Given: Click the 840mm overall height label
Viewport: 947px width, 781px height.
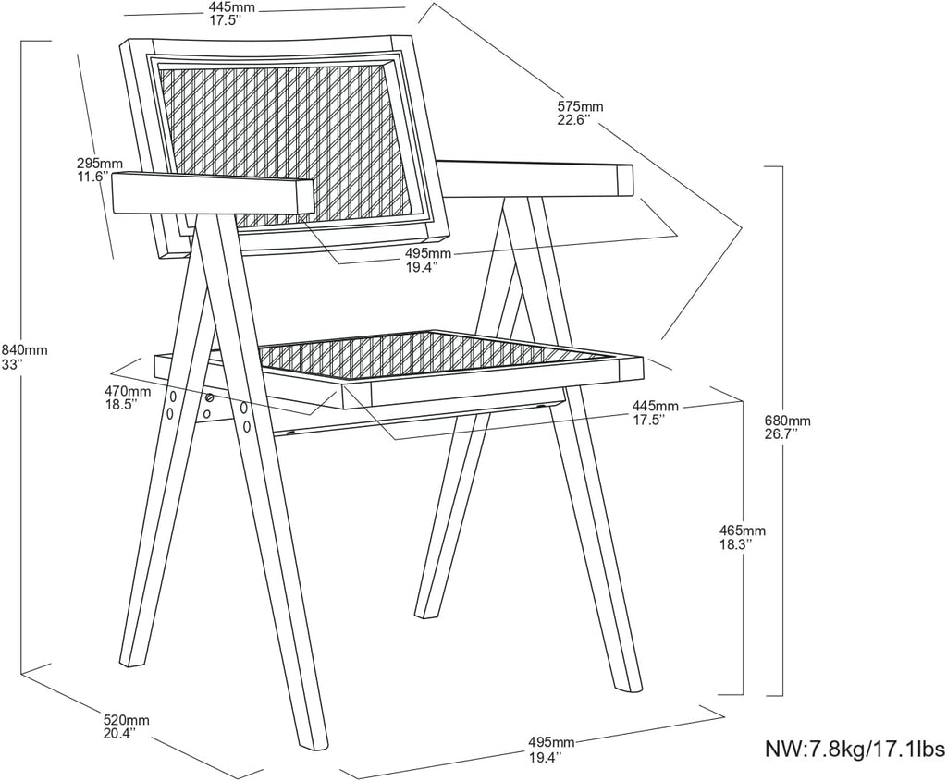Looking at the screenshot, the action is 24,349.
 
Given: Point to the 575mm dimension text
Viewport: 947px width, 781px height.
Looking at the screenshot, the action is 580,107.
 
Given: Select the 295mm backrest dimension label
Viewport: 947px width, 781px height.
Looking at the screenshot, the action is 100,163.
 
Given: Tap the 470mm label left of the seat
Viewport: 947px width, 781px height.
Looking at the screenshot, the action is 128,391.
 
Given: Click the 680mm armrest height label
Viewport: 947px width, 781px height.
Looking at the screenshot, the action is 788,421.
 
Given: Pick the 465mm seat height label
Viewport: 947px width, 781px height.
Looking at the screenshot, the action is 743,531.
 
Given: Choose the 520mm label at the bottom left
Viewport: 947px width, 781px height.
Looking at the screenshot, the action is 126,720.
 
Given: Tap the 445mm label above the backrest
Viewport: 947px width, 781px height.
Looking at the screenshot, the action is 232,7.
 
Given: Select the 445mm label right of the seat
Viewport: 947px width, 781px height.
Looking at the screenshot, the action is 656,405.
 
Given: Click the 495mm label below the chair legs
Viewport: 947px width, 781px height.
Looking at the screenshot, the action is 551,742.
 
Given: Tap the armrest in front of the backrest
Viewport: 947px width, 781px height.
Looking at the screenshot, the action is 214,193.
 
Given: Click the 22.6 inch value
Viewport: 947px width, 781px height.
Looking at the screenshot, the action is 573,119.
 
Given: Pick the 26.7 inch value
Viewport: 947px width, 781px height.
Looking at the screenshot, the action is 781,433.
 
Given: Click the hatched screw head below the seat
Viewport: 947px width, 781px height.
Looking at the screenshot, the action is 210,397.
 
